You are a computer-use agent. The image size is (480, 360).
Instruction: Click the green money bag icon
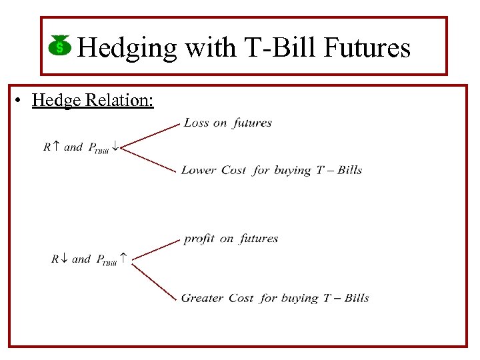[x=60, y=47]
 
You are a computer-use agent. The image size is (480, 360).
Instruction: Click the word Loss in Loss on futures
[x=196, y=123]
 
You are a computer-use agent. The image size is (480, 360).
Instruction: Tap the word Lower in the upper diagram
[x=198, y=171]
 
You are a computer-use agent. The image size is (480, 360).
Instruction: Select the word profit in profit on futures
[x=199, y=239]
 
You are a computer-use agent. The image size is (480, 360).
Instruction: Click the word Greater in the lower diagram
[x=202, y=298]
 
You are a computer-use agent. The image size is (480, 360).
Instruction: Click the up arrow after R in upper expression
[x=56, y=147]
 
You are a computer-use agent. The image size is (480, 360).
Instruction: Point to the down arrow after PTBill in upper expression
[x=115, y=147]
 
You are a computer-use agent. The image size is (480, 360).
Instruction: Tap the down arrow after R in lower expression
[x=64, y=259]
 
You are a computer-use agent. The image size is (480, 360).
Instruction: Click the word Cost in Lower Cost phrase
[x=233, y=171]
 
